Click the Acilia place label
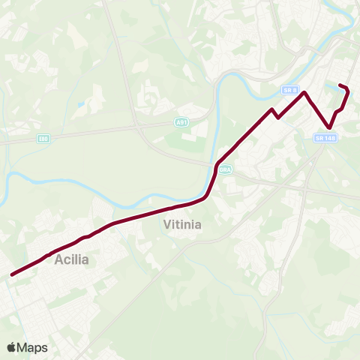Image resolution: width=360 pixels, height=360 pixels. pyautogui.click(x=72, y=259)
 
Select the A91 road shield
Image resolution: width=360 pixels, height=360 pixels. pyautogui.click(x=181, y=121)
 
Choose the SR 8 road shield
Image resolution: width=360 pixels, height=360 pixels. pyautogui.click(x=291, y=90)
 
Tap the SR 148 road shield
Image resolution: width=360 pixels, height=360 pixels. pyautogui.click(x=325, y=138)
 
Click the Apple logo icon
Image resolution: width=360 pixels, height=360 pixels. pyautogui.click(x=13, y=347)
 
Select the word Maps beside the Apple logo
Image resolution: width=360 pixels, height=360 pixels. pyautogui.click(x=34, y=347)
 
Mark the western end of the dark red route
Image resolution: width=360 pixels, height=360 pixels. pyautogui.click(x=12, y=274)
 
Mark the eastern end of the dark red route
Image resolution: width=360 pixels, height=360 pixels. pyautogui.click(x=340, y=85)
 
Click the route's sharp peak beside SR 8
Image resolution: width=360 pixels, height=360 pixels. pyautogui.click(x=304, y=92)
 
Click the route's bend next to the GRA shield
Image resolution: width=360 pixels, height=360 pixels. pyautogui.click(x=217, y=166)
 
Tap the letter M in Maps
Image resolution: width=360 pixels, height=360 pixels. pyautogui.click(x=25, y=347)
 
